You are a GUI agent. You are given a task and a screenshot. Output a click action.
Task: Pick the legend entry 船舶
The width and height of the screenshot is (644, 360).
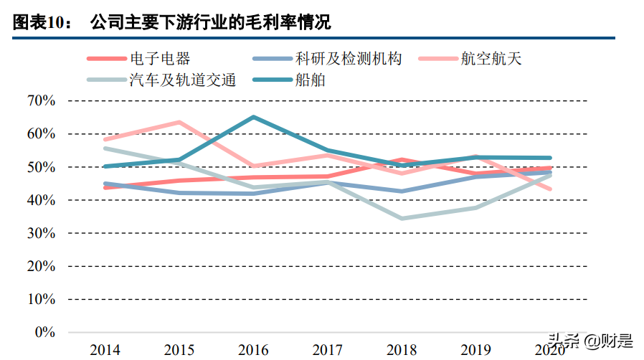point(311,80)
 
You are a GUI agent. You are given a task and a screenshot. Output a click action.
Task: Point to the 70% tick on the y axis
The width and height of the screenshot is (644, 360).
point(41,100)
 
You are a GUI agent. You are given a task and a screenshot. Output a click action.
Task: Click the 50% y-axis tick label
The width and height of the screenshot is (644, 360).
point(41,167)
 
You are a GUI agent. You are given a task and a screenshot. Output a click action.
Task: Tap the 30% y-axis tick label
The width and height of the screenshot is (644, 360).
point(41,233)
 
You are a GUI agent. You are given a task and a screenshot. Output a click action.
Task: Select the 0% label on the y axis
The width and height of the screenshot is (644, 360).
point(44,332)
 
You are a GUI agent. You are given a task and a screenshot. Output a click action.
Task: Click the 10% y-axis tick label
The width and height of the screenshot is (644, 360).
point(41,299)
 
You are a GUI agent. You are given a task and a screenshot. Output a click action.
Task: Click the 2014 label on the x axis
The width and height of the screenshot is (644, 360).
point(105,350)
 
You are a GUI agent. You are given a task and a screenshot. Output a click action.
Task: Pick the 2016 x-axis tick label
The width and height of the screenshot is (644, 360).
point(253,350)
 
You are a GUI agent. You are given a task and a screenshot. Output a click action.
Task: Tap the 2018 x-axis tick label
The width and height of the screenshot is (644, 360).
point(402,350)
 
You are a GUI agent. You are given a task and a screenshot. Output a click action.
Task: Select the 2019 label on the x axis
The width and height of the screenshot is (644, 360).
point(475,350)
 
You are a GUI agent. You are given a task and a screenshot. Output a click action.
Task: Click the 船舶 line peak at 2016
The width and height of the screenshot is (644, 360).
point(253,117)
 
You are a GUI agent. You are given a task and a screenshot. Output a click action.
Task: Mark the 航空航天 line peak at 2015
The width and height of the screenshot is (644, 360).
point(179,122)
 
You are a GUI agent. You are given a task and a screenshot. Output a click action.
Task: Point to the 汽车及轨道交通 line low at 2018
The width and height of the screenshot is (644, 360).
point(402,218)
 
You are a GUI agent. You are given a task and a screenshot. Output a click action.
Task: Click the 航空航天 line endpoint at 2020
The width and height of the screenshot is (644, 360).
point(550,189)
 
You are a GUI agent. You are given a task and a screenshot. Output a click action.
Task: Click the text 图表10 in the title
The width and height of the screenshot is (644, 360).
point(42,23)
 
